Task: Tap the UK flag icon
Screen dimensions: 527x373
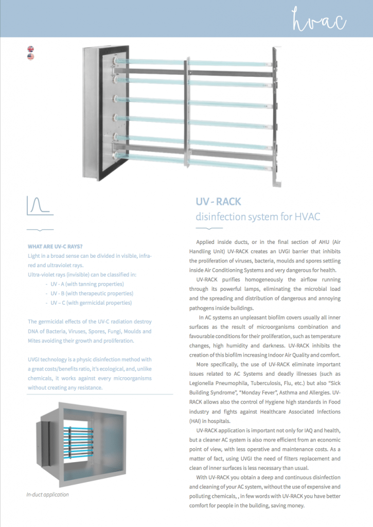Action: pos(31,49)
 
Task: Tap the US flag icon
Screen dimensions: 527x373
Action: pos(31,57)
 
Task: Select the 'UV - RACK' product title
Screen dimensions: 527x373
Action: pos(218,201)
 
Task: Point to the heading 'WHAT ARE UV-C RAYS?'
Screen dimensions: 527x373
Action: pos(55,246)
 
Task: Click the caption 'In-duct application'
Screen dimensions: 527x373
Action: pos(47,495)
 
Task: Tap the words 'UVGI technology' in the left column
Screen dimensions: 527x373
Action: pos(50,359)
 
